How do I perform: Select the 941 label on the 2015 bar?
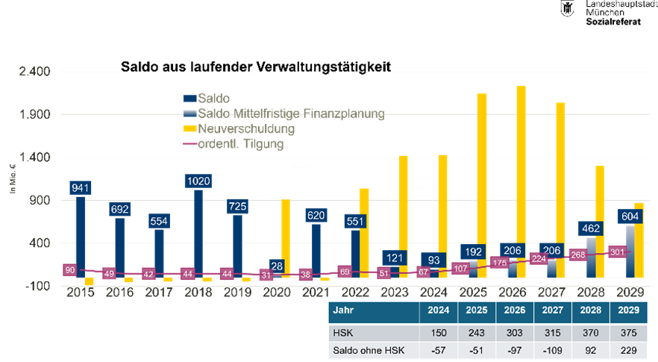pos(80,187)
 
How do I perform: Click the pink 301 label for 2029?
pos(617,252)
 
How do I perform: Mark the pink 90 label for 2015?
pos(70,269)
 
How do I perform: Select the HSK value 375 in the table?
pos(628,332)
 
